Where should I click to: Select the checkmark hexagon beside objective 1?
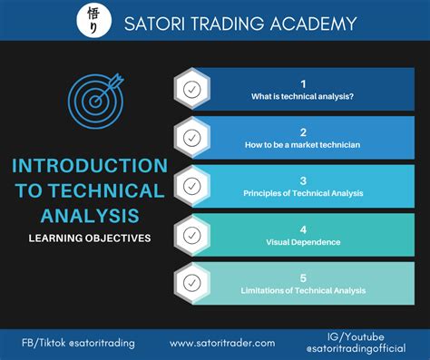pos(192,90)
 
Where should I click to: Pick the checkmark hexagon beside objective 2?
pos(192,139)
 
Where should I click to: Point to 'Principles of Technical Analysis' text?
pos(303,193)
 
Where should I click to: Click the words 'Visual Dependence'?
pos(303,242)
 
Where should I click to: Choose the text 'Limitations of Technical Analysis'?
pos(303,290)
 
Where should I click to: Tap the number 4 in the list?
pos(303,228)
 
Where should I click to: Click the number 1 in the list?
pos(303,83)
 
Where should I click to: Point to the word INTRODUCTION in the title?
pos(89,166)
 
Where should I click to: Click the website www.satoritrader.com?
pos(222,343)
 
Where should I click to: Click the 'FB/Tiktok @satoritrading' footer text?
pos(79,343)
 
